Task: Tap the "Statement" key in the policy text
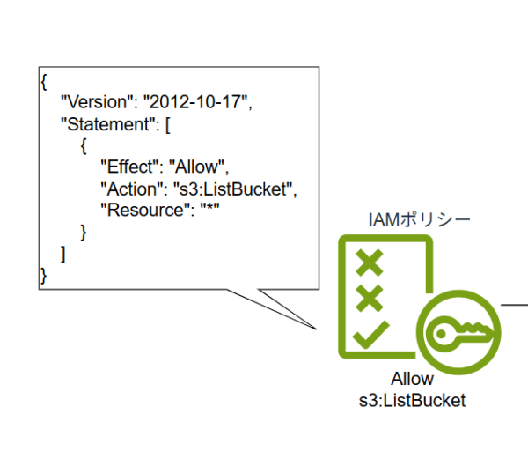coord(107,124)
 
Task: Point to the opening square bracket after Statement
coord(168,125)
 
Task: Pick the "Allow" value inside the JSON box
coord(196,167)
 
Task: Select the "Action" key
coord(132,189)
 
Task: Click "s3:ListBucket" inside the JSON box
coord(232,189)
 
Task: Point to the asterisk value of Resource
coord(209,206)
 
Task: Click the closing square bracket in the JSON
coord(63,254)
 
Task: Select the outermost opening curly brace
coord(44,82)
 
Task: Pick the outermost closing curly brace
coord(43,276)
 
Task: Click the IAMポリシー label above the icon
coord(419,220)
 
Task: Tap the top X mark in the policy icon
coord(370,263)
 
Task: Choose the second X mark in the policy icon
coord(370,298)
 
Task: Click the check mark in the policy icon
coord(371,335)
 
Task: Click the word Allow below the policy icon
coord(412,379)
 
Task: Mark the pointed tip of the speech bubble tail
coord(316,329)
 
